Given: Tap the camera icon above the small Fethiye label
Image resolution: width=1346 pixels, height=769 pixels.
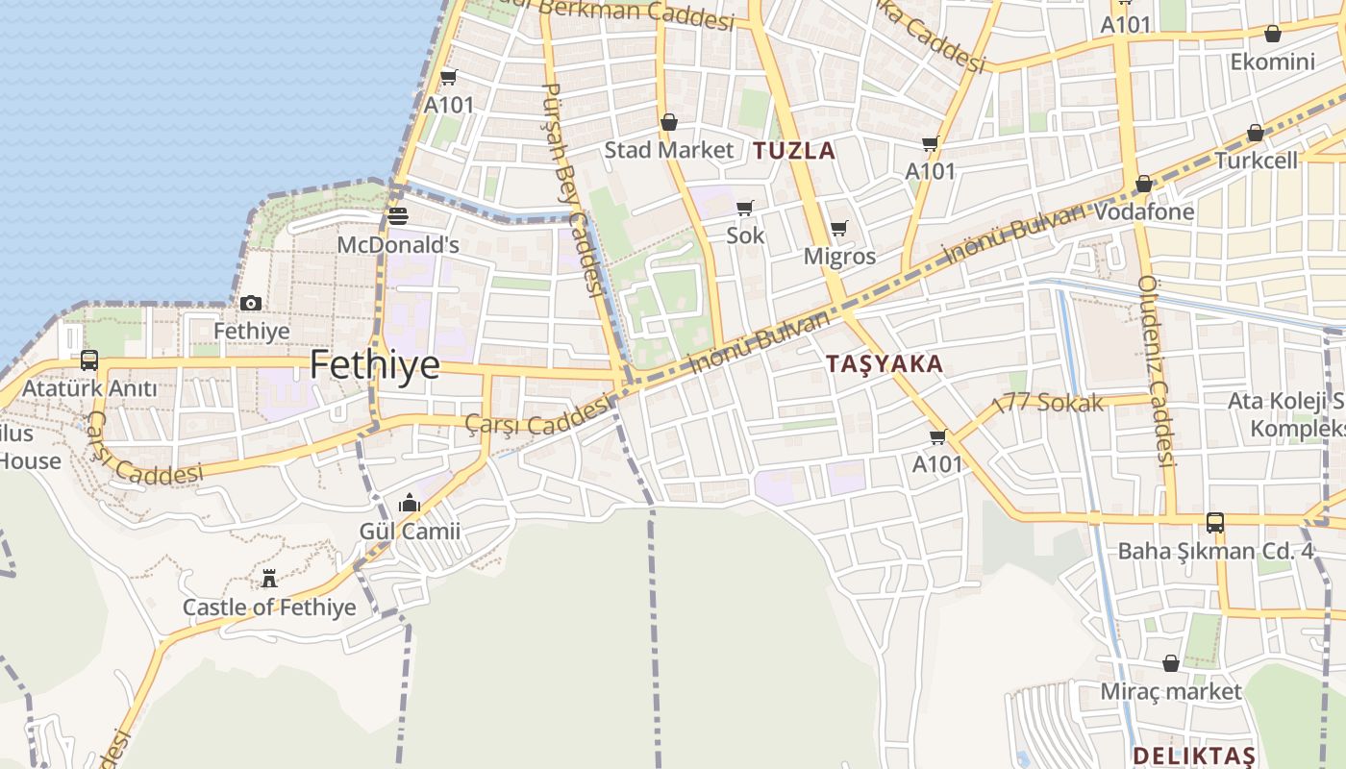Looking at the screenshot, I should click(x=251, y=303).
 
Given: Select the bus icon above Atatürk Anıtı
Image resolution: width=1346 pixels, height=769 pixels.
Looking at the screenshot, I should click(x=89, y=360).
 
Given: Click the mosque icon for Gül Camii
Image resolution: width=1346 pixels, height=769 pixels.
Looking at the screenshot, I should click(x=410, y=503).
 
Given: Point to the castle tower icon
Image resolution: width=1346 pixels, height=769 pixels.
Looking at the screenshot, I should click(x=269, y=579).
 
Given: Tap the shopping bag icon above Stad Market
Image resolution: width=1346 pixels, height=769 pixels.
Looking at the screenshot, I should click(x=668, y=122).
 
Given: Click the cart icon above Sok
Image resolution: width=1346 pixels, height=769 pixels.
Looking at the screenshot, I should click(x=744, y=208).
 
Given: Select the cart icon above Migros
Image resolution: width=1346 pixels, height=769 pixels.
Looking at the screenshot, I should click(x=839, y=229).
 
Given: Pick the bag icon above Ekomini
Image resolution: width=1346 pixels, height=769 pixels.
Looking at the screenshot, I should click(x=1272, y=34).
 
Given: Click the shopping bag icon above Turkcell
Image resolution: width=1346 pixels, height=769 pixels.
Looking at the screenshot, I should click(x=1255, y=133).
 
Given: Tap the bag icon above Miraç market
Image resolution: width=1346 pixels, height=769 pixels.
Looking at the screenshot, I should click(x=1170, y=663).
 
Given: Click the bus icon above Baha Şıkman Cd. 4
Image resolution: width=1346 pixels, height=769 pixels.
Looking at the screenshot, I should click(x=1215, y=523).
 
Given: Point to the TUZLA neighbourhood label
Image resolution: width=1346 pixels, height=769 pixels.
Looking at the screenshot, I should click(x=794, y=150).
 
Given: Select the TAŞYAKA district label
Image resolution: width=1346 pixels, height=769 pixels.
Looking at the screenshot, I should click(x=885, y=364).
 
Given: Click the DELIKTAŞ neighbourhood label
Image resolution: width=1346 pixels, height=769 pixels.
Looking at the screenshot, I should click(x=1194, y=754).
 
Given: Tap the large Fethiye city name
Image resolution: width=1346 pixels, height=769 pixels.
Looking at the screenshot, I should click(x=375, y=365).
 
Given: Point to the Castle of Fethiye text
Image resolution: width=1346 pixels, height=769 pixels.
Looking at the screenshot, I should click(x=269, y=608).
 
